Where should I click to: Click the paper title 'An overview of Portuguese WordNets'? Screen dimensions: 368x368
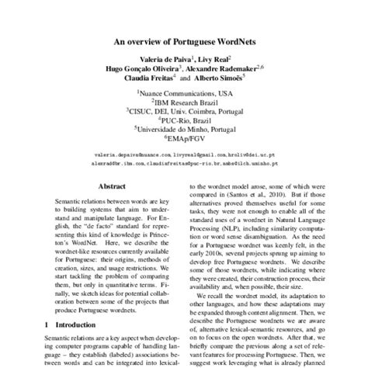point(184,43)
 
